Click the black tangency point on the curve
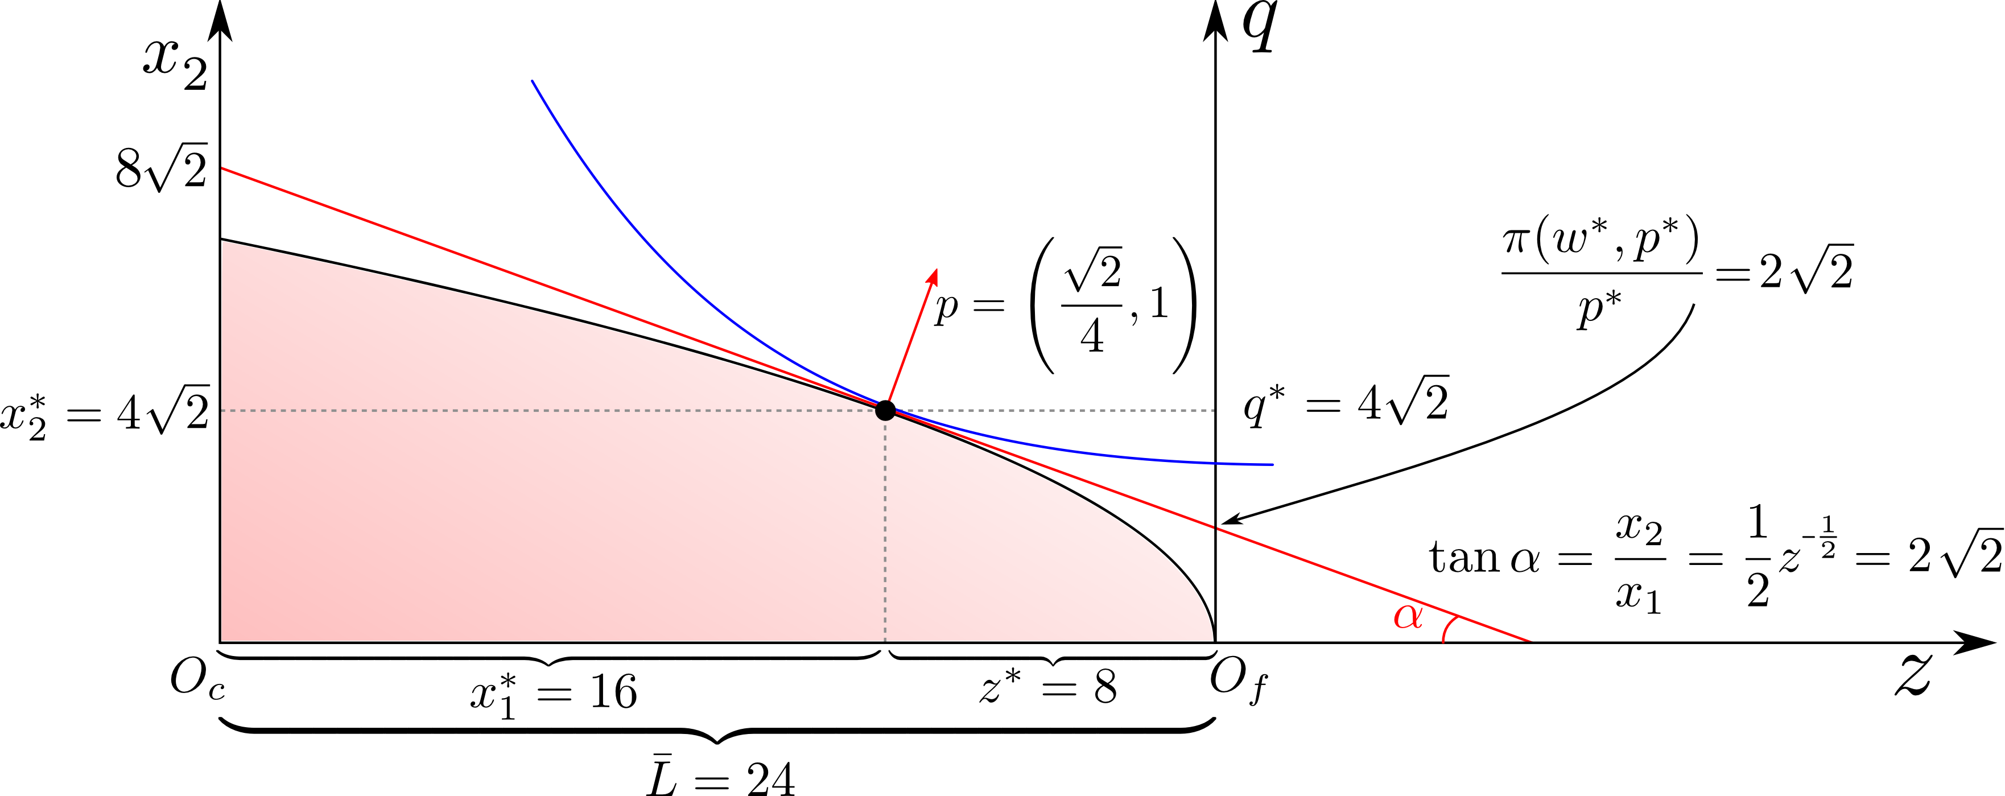click(885, 410)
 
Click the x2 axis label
click(175, 64)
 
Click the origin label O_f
click(1237, 682)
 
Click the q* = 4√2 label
click(1345, 403)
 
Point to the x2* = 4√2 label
click(105, 413)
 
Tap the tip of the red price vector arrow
click(935, 269)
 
